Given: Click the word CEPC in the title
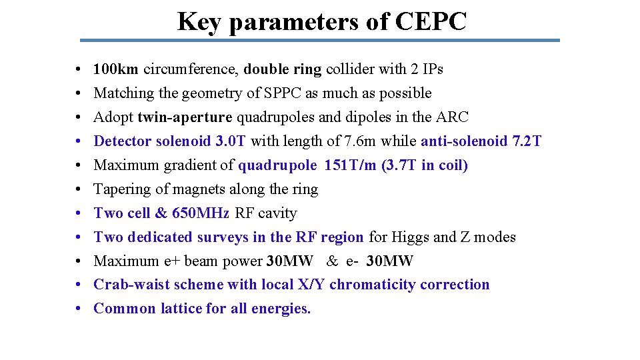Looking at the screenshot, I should click(x=431, y=21).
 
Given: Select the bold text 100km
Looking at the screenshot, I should click(x=116, y=69).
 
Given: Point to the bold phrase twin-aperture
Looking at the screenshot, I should click(x=185, y=117).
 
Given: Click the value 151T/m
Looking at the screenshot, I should click(x=351, y=165).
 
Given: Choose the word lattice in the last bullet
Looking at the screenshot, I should click(x=182, y=309).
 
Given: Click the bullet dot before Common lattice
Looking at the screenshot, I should click(x=79, y=309).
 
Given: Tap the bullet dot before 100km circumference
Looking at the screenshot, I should click(x=79, y=69).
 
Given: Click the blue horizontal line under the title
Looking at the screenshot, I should click(x=320, y=40).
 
